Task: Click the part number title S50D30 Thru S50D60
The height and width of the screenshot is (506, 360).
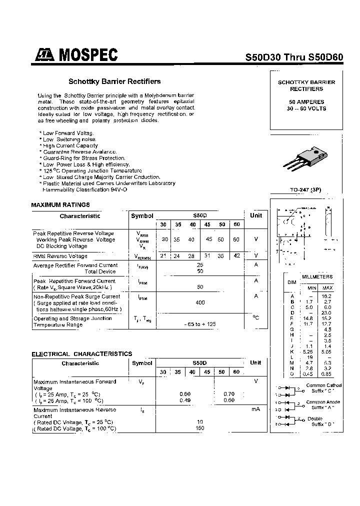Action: point(294,57)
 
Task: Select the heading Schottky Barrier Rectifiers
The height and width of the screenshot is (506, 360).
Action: point(114,81)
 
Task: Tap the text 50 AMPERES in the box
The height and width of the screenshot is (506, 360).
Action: point(306,101)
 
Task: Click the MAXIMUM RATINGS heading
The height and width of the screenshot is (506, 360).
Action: point(60,204)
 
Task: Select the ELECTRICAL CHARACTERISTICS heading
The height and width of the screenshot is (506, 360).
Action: point(81,353)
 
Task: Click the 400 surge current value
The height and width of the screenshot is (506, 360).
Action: point(200,302)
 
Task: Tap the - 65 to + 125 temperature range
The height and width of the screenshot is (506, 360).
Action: point(200,324)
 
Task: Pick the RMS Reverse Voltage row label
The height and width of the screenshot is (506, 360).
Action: point(60,256)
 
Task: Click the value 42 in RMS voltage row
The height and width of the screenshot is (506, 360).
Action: point(236,256)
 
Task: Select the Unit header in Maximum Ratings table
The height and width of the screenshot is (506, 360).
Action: point(255,215)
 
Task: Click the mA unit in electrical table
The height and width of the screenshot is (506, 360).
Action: point(255,409)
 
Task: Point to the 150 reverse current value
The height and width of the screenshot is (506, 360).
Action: point(200,428)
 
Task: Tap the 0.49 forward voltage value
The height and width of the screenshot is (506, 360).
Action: point(185,400)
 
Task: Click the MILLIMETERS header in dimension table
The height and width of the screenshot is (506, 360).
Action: point(316,276)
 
